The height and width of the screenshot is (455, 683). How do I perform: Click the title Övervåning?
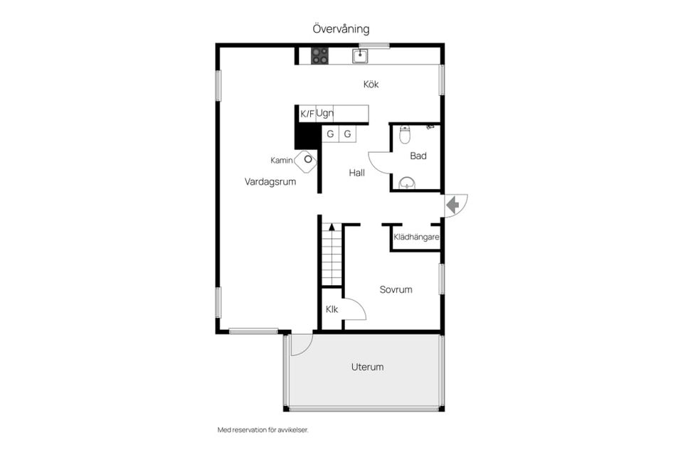tap(341, 29)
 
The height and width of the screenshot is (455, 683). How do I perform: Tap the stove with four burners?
tap(319, 56)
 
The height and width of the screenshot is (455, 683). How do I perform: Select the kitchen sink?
tap(360, 55)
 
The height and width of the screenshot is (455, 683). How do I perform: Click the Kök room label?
tap(371, 84)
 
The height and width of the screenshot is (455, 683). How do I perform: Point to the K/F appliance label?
tap(307, 114)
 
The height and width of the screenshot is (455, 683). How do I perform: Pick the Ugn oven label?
tap(325, 114)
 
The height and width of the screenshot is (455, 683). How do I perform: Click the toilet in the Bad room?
tap(405, 134)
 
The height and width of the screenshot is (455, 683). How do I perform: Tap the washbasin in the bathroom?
tap(407, 183)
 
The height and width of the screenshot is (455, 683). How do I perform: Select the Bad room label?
tap(418, 156)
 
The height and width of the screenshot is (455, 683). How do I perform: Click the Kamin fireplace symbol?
tap(306, 160)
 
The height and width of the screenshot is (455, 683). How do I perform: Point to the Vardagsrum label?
tap(270, 181)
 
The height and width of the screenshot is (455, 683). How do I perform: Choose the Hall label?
tap(356, 173)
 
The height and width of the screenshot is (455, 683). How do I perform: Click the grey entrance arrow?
tap(453, 204)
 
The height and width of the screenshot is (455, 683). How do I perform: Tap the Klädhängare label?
tap(416, 237)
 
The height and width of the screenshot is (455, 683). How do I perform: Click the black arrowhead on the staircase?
tap(332, 227)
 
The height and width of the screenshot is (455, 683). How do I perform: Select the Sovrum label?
tap(396, 289)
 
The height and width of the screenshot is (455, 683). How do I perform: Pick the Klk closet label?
tap(332, 309)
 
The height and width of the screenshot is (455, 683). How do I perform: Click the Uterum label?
tap(368, 367)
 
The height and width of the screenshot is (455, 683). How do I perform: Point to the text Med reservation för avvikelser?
tap(263, 429)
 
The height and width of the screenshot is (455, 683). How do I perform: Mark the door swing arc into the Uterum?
tap(307, 350)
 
